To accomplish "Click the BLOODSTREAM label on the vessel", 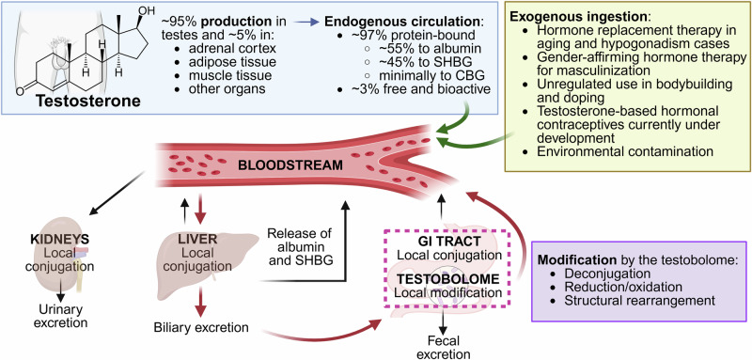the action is pyautogui.click(x=291, y=165).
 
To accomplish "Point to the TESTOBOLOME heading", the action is pyautogui.click(x=448, y=279).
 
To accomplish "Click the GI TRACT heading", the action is pyautogui.click(x=448, y=242).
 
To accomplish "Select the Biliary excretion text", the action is pyautogui.click(x=201, y=328).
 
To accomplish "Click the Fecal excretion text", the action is pyautogui.click(x=444, y=348).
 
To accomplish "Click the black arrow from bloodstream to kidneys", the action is pyautogui.click(x=117, y=194).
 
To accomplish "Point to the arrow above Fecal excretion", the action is pyautogui.click(x=444, y=321).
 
